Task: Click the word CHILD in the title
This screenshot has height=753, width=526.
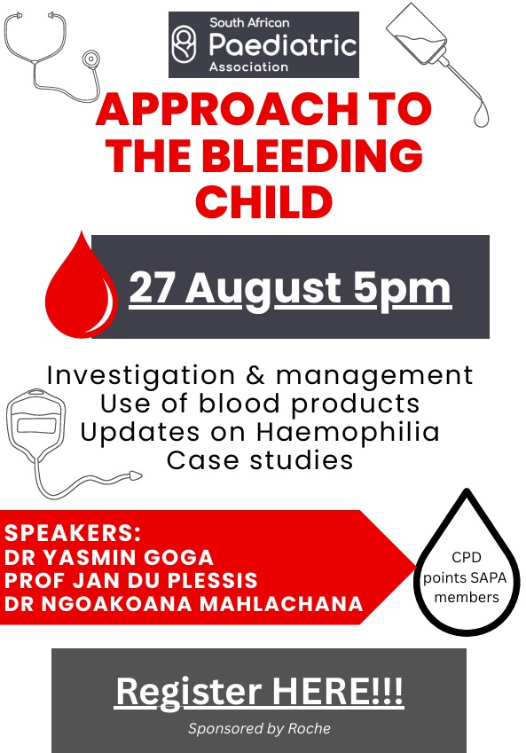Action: (x=263, y=201)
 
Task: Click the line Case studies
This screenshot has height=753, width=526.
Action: (x=260, y=460)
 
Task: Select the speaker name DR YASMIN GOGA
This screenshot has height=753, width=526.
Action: (x=109, y=558)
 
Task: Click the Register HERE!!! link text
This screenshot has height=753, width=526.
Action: (x=259, y=693)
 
